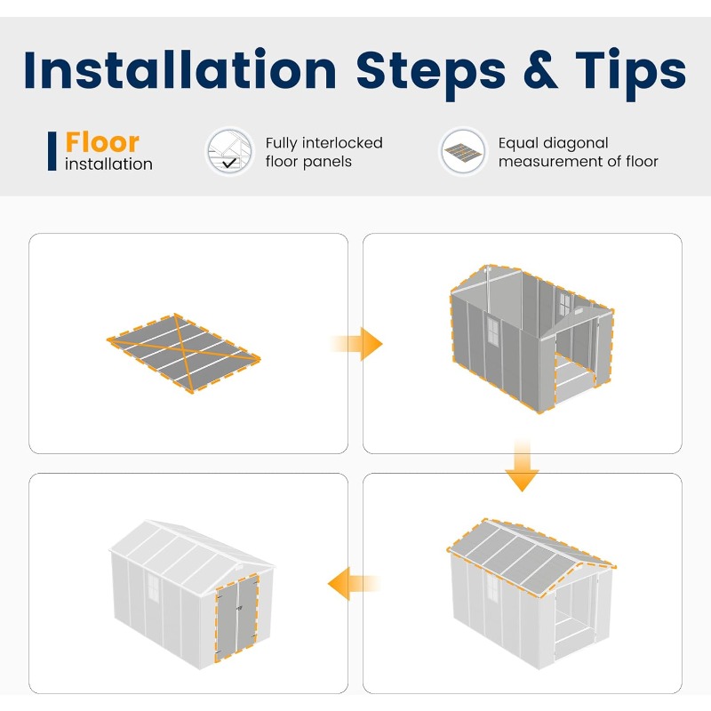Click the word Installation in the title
point(180,70)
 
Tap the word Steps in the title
point(431,74)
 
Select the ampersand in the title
point(540,70)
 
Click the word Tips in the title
point(631,74)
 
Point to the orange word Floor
point(102,142)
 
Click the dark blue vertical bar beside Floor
point(52,151)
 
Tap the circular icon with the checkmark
point(229,151)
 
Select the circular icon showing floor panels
point(462,151)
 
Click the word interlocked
point(342,143)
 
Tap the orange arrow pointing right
point(357,344)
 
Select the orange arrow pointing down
point(522,465)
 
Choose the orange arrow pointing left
point(354,584)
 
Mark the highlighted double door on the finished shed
point(236,617)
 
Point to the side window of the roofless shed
point(492,332)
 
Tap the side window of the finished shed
point(153,587)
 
